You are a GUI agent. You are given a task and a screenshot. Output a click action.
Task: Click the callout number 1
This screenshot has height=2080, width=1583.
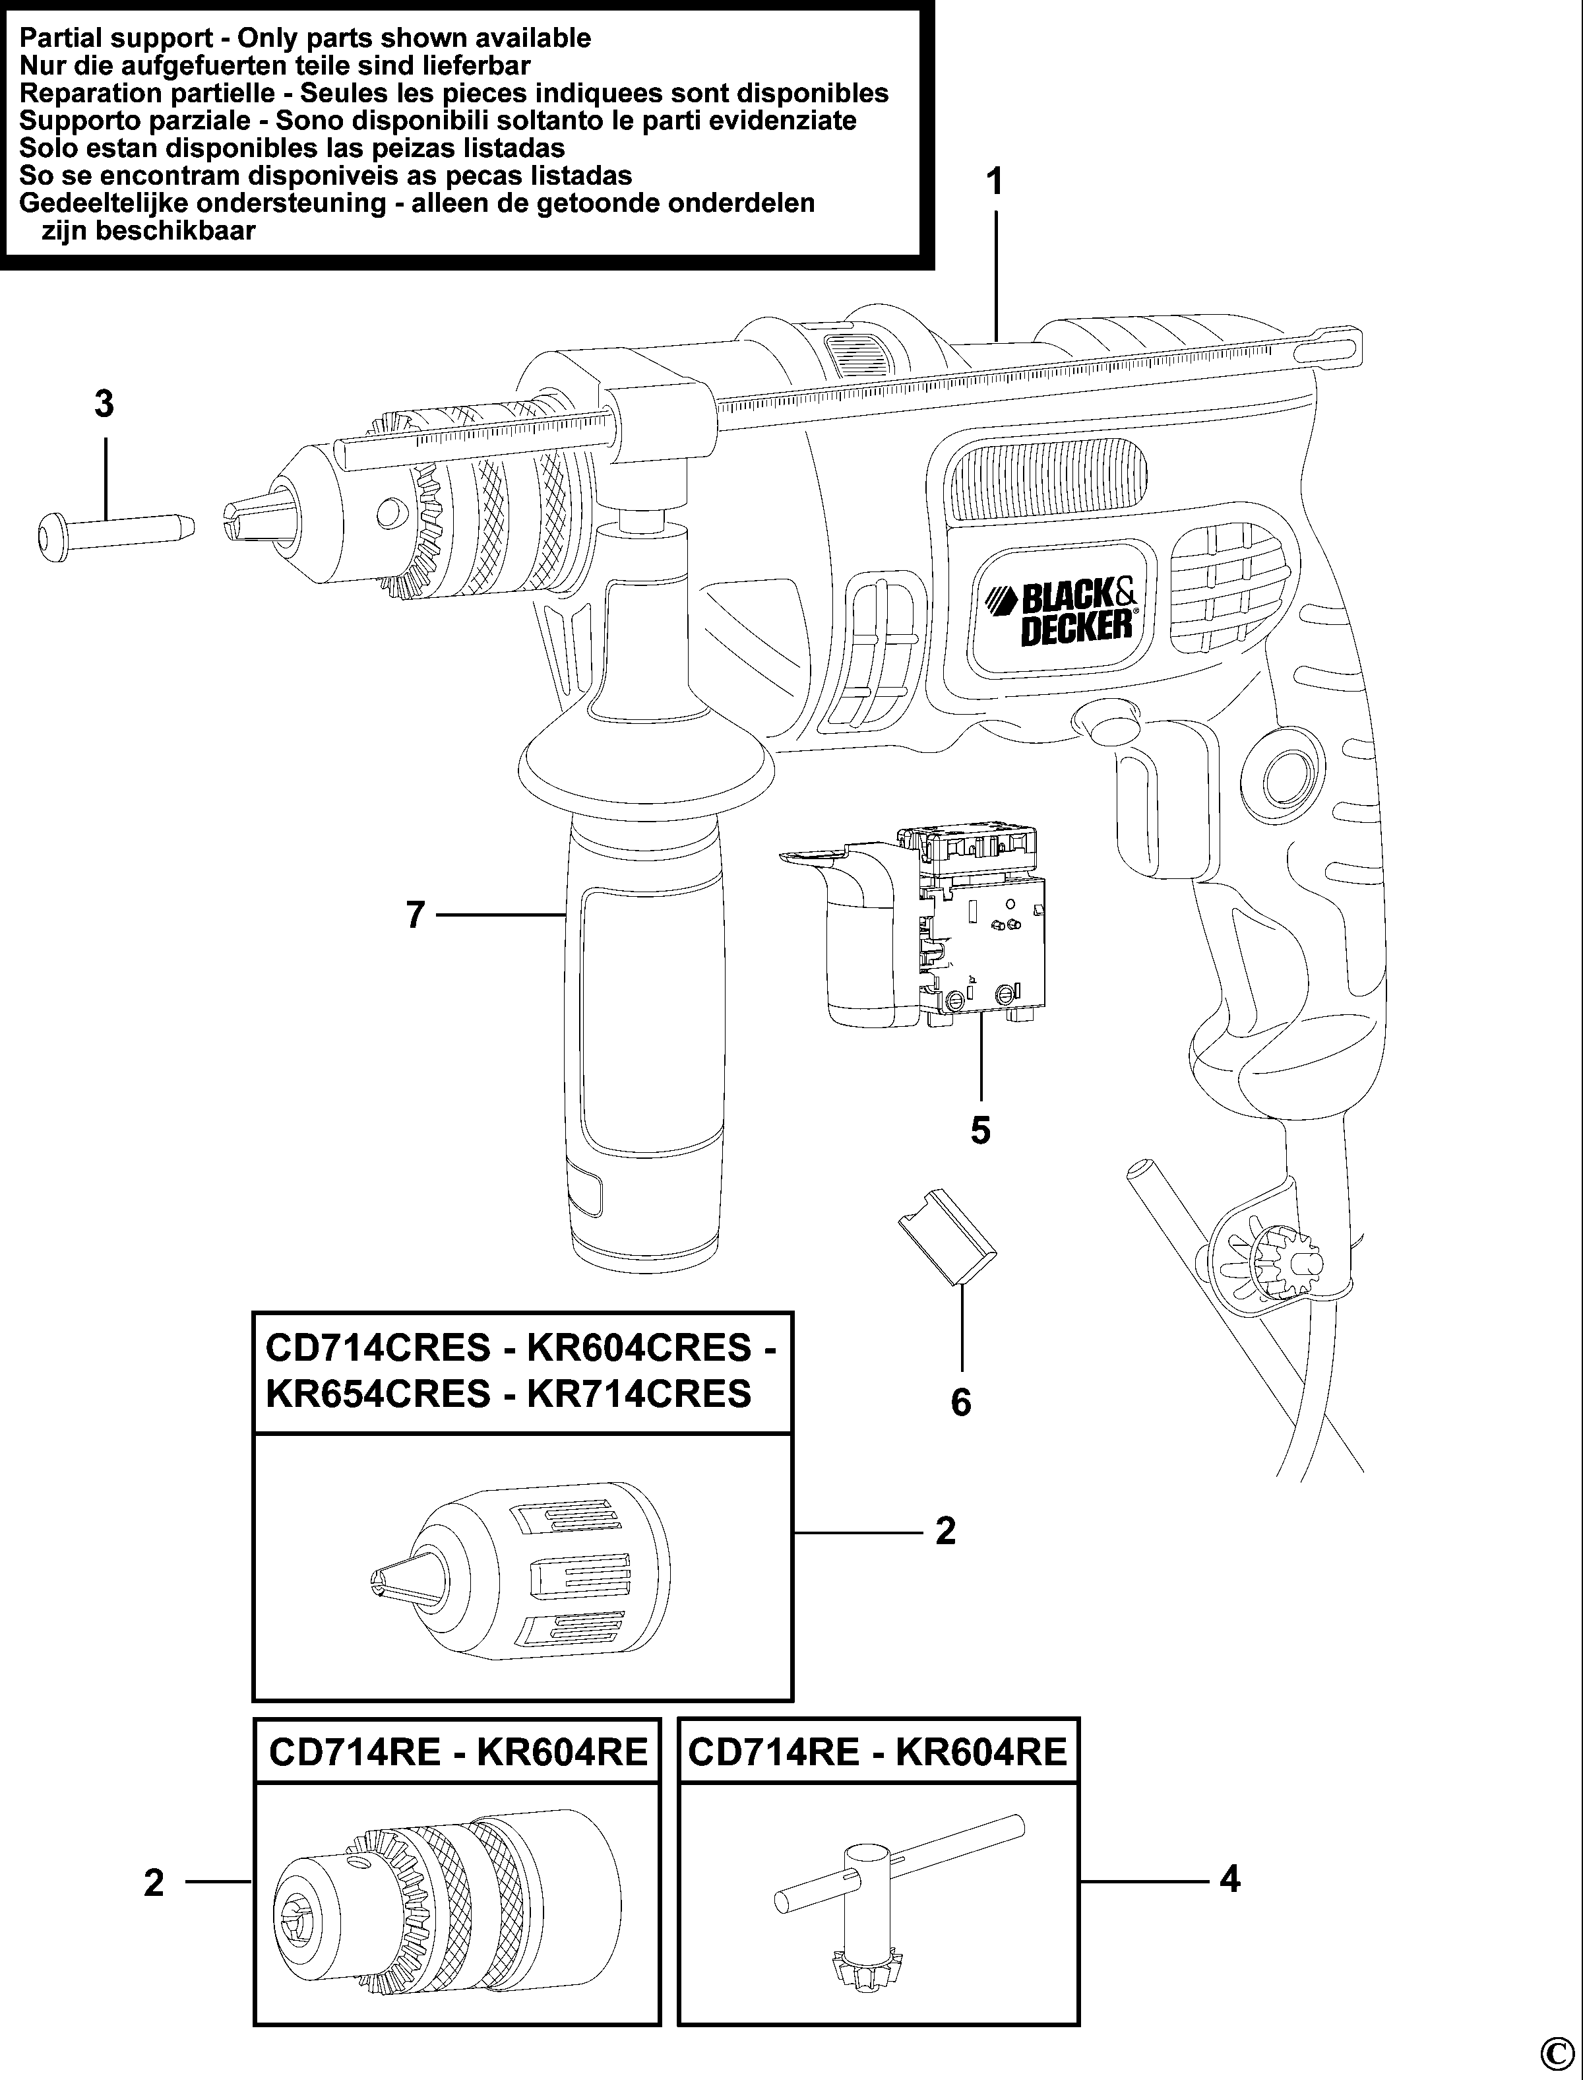pyautogui.click(x=996, y=182)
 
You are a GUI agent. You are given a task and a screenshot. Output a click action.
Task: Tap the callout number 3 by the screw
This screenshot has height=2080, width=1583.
pyautogui.click(x=104, y=405)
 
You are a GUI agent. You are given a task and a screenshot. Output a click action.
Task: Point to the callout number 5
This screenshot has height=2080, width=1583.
pyautogui.click(x=981, y=1130)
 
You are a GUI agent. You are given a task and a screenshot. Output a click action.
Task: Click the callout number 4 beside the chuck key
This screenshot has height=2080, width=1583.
pyautogui.click(x=1229, y=1880)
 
